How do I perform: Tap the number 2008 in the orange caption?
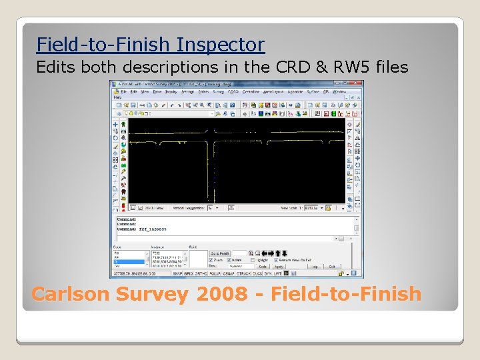pos(223,294)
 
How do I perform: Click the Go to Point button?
pos(219,253)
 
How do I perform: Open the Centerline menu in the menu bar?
pos(251,91)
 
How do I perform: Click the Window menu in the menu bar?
pos(339,91)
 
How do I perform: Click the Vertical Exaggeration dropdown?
pos(213,207)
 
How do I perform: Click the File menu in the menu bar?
pos(124,91)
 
